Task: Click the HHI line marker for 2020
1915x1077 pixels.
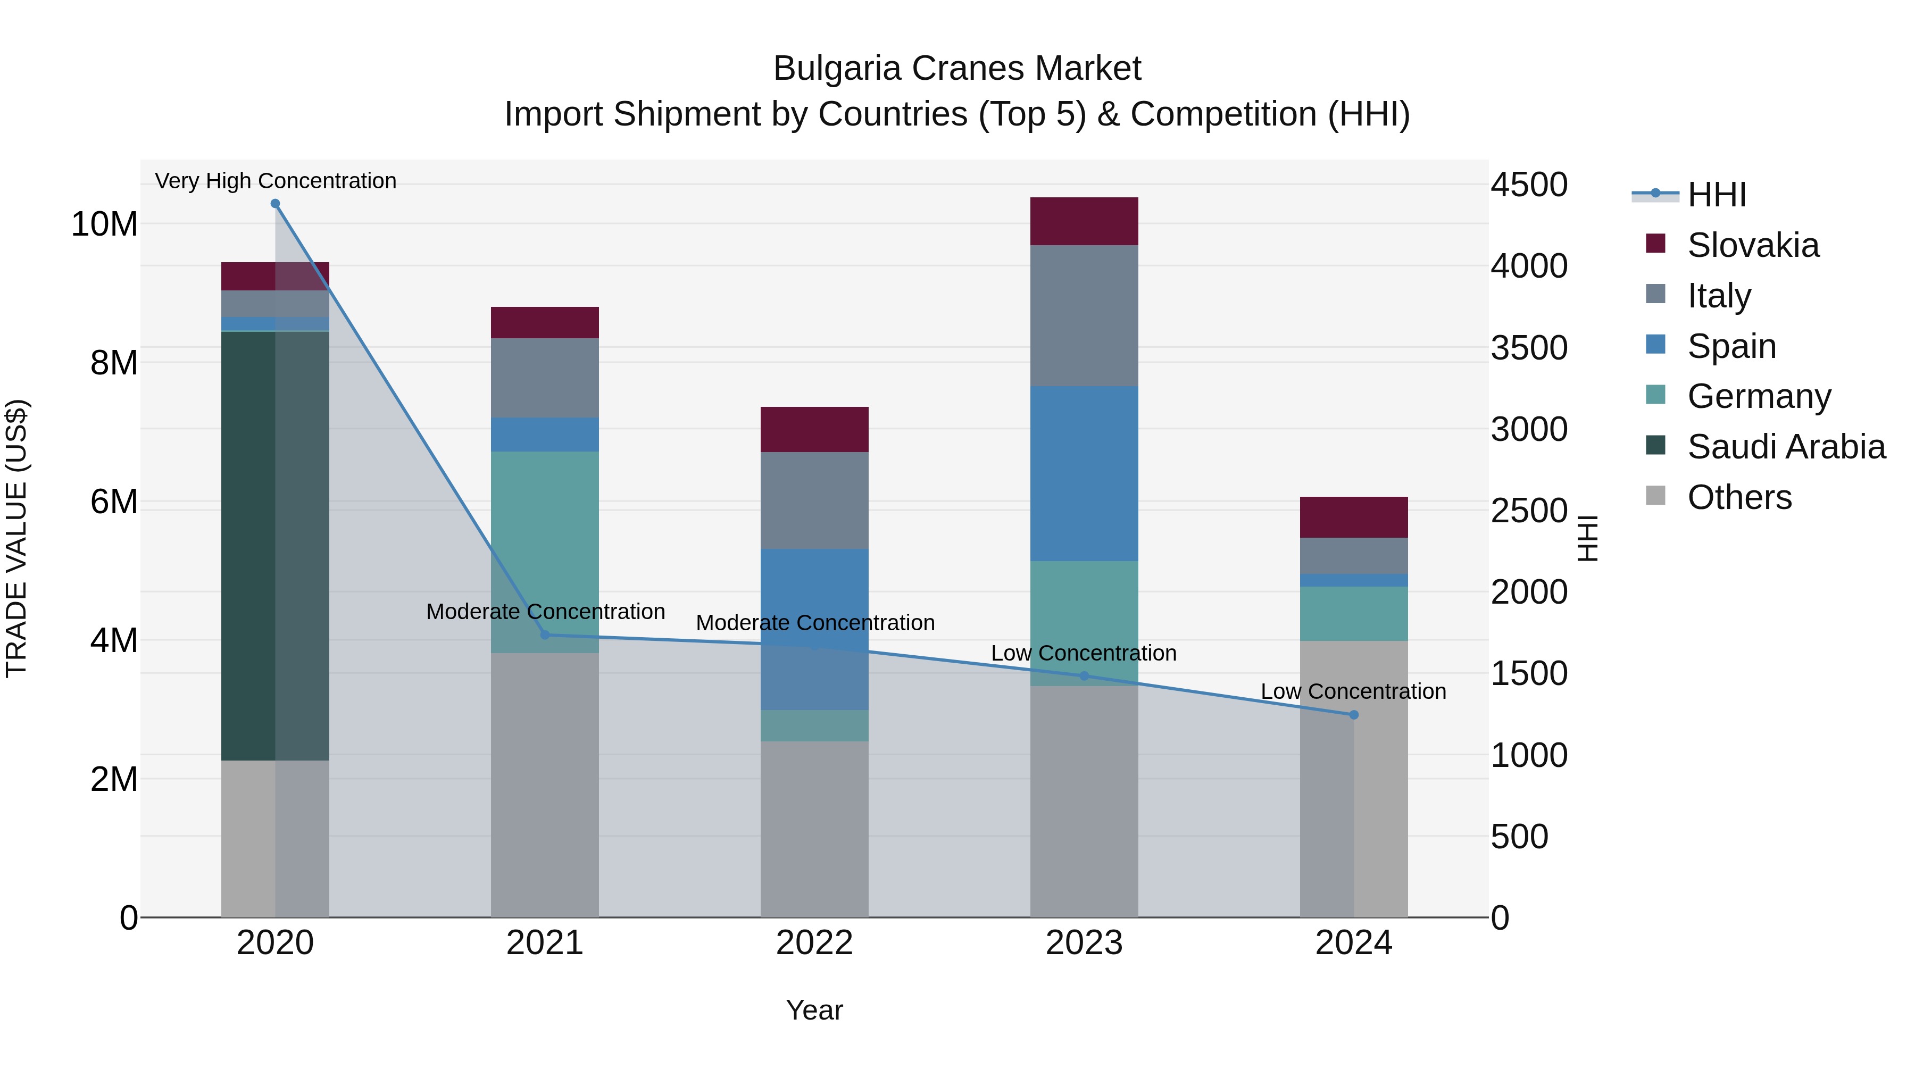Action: (275, 204)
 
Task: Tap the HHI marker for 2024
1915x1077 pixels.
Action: (1354, 714)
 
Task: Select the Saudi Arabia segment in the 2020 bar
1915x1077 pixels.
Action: (249, 546)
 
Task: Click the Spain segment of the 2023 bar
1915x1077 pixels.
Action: (1084, 473)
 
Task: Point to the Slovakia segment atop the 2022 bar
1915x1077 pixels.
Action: (814, 430)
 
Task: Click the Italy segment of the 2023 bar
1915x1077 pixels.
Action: (1084, 315)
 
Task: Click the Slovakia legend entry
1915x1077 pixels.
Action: (1752, 245)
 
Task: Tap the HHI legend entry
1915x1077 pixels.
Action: (1716, 195)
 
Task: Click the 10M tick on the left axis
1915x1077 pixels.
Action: (104, 224)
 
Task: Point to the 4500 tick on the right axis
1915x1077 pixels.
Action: (1528, 185)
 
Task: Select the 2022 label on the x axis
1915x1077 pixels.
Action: (814, 943)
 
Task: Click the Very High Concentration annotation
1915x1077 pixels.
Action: (276, 181)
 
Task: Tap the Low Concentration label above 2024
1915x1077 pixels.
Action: (1353, 691)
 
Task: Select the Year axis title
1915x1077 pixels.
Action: (814, 1010)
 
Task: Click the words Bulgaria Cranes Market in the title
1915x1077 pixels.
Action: (957, 69)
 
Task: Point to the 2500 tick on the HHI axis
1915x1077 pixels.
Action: (1528, 511)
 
